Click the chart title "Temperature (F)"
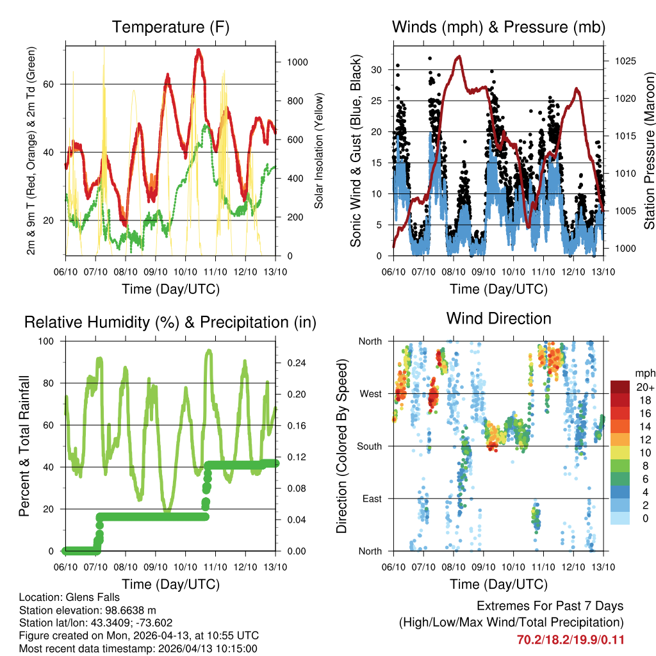(170, 28)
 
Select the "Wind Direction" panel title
(498, 318)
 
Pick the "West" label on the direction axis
(370, 393)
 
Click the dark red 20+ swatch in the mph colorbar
(620, 387)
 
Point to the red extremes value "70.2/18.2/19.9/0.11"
(570, 639)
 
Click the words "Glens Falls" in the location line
(92, 598)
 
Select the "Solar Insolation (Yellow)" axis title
(318, 151)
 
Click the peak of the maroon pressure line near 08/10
(458, 56)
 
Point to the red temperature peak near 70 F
(199, 50)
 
